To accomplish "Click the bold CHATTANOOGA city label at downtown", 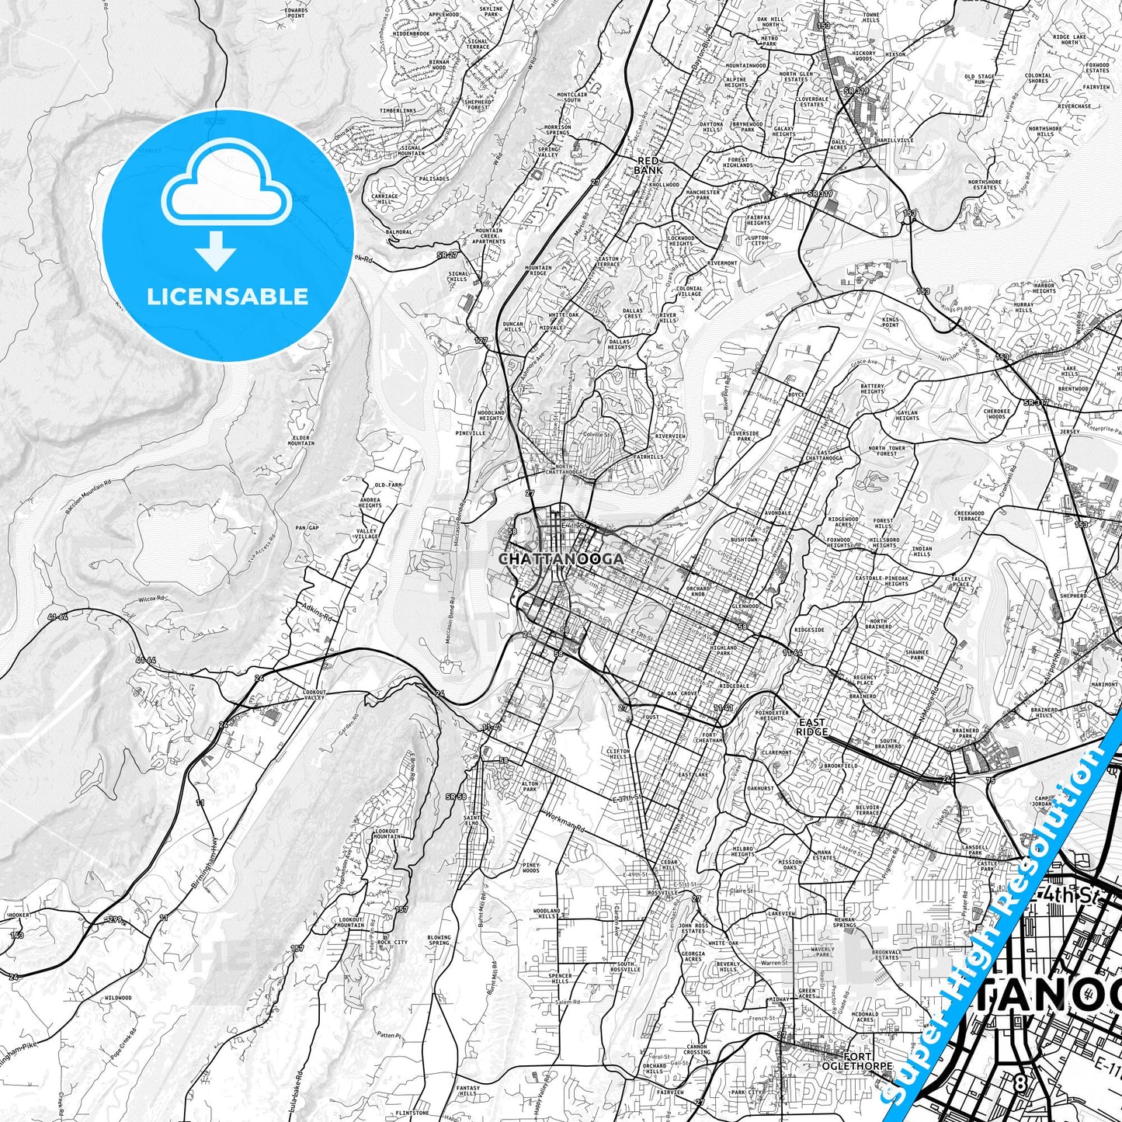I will [561, 559].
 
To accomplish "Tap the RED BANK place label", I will [648, 165].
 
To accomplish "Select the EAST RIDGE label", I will [812, 728].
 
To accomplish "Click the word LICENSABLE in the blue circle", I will [228, 297].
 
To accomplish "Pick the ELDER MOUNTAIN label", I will [301, 440].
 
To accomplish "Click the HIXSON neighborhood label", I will [895, 55].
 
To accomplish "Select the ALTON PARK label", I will [530, 787].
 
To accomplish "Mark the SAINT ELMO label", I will [471, 820].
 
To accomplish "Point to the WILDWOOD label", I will [118, 998].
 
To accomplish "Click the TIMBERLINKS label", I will [398, 111].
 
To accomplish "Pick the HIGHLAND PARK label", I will [723, 650].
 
